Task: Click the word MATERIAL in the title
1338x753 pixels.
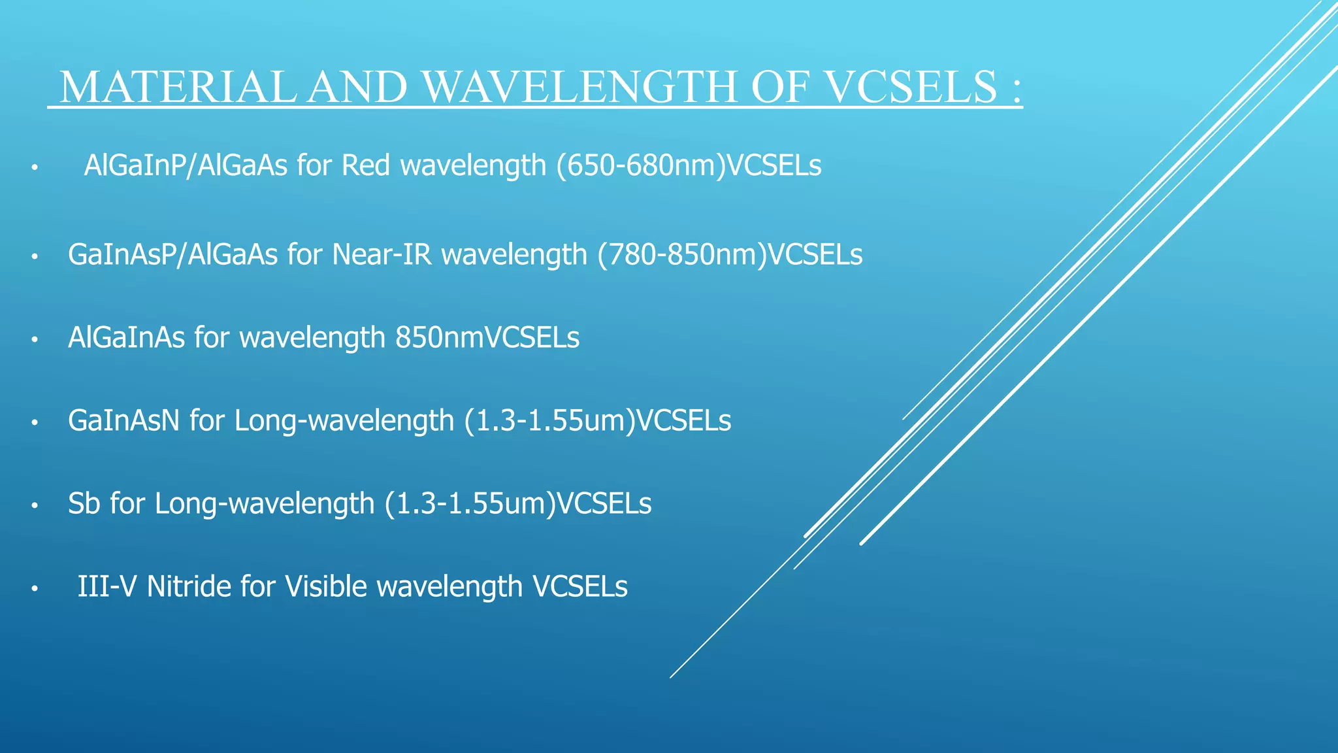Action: coord(177,86)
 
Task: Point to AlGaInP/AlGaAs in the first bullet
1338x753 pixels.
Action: coord(186,166)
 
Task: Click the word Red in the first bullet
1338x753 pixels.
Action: coord(366,166)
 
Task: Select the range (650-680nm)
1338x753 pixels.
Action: coord(640,166)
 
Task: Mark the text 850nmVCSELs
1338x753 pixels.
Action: coord(487,338)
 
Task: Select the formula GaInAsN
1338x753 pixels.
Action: coord(123,421)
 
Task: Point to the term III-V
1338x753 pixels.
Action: coord(107,586)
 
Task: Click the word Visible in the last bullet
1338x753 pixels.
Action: coord(327,586)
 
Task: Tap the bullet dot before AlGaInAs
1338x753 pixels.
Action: coord(35,340)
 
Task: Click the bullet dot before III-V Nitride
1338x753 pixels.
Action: coord(35,589)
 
